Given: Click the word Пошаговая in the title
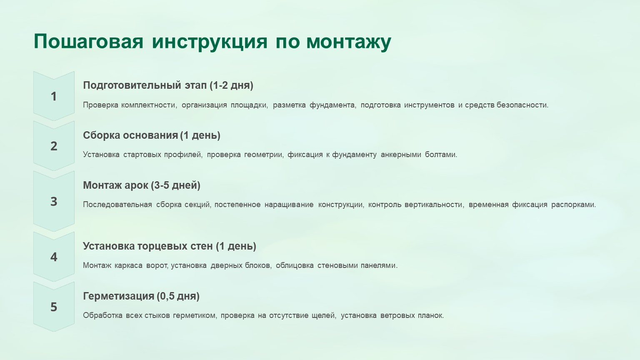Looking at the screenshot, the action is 88,42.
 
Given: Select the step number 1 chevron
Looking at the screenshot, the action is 54,96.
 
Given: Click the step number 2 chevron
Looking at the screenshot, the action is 54,146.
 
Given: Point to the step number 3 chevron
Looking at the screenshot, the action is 54,201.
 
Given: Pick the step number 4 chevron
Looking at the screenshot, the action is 54,257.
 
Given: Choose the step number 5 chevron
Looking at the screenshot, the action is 54,307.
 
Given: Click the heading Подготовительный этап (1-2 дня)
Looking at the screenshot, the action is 168,85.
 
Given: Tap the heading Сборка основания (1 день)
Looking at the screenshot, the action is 151,135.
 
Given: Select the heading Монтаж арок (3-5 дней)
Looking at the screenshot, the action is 141,185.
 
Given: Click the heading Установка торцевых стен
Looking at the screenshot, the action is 148,246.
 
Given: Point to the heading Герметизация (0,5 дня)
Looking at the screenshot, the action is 141,296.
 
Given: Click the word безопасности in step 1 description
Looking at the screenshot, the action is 522,105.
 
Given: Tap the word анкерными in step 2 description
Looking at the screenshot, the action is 401,155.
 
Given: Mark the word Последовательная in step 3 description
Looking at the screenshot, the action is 117,205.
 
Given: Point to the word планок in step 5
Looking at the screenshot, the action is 431,316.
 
